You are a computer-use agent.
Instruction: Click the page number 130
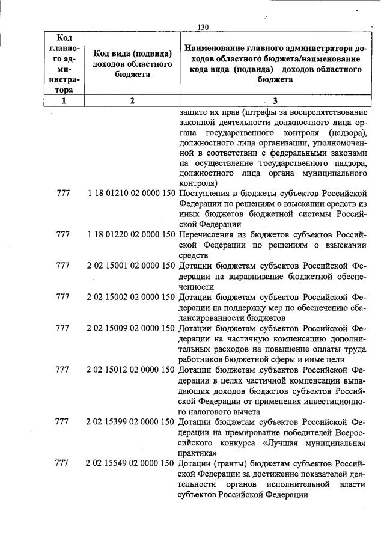click(203, 27)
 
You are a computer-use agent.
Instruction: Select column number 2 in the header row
click(132, 101)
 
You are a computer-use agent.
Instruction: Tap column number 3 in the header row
click(275, 101)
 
